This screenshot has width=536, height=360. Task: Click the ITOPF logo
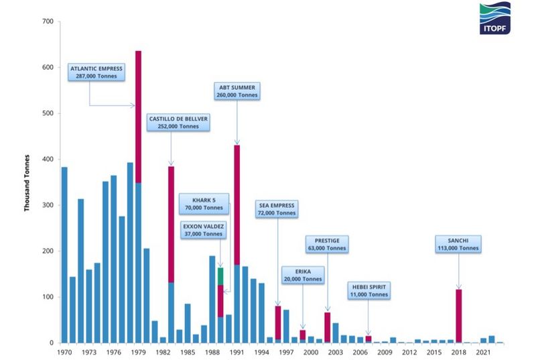point(495,19)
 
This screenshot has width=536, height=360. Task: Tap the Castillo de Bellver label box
point(179,122)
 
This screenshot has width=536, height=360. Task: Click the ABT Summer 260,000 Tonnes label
point(238,91)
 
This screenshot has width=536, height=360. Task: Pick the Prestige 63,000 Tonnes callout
point(327,244)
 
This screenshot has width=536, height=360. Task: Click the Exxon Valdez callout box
point(204,230)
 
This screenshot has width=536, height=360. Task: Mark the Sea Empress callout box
point(276,208)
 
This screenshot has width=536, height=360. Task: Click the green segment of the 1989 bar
point(220,276)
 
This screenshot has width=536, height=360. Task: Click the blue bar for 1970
point(64,255)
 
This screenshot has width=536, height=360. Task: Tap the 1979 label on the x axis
point(138,352)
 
